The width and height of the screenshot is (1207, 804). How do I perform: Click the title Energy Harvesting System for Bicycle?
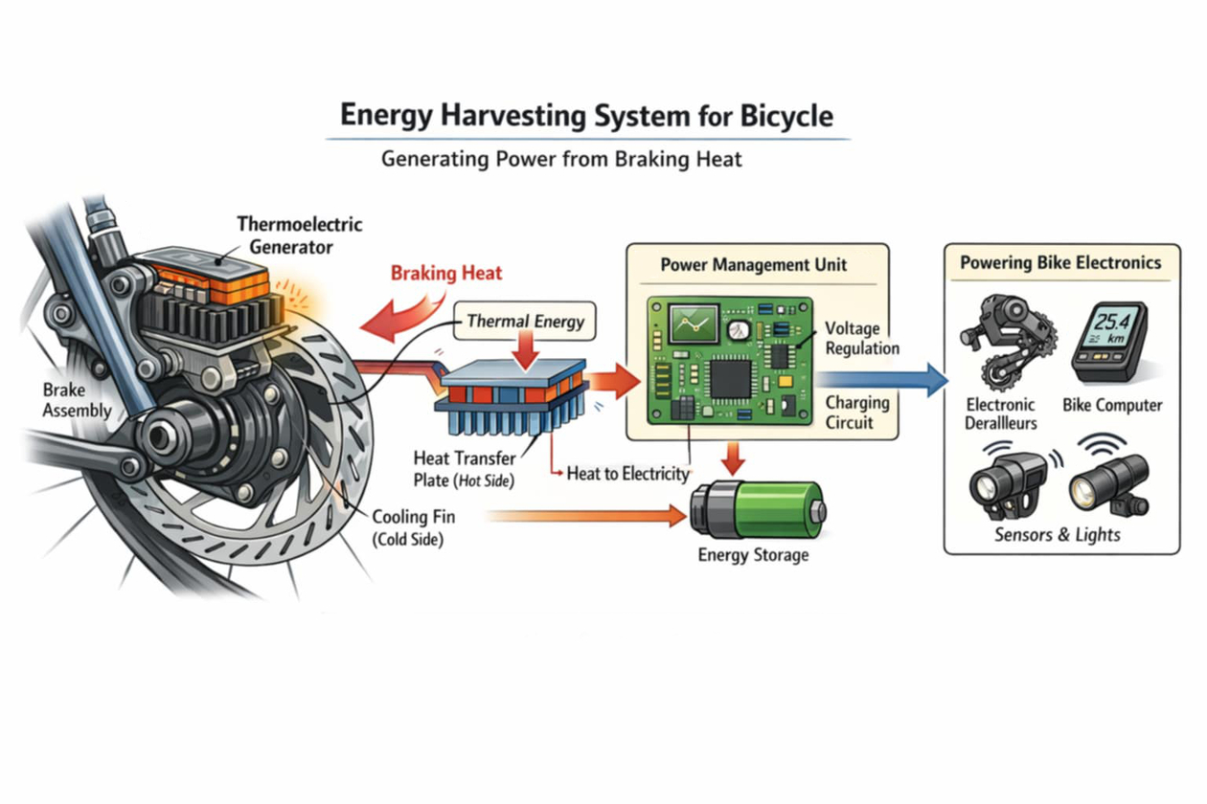click(x=586, y=117)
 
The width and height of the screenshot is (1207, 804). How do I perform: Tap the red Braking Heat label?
click(x=445, y=273)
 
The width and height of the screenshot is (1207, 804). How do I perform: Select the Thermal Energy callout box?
click(x=525, y=322)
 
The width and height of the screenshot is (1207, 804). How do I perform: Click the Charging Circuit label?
click(x=856, y=413)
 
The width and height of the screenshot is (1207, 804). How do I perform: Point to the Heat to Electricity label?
click(x=627, y=473)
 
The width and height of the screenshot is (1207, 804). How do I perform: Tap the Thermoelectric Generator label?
click(x=300, y=236)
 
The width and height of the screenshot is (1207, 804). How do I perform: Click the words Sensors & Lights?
click(x=1057, y=534)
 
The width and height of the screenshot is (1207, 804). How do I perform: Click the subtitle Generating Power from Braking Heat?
click(x=561, y=159)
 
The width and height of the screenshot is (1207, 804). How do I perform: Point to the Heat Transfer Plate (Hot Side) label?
click(x=464, y=470)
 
